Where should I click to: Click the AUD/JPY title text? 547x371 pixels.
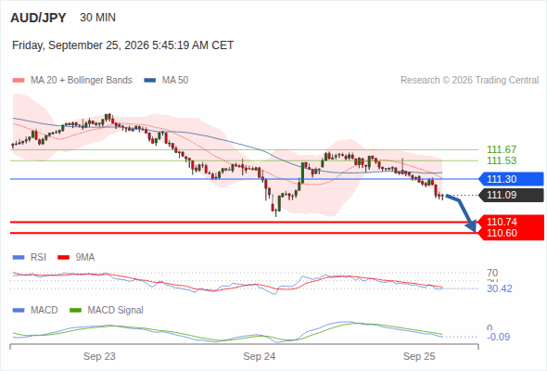tap(38, 18)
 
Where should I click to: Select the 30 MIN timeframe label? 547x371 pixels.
tap(97, 18)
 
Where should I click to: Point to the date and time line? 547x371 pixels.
tap(122, 45)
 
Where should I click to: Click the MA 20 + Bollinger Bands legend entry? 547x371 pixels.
tap(72, 81)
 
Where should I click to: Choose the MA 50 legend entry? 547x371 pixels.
tap(166, 81)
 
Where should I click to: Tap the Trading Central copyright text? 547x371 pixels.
tap(469, 81)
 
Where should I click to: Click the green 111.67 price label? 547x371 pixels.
tap(502, 149)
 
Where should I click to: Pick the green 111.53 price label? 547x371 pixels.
tap(502, 160)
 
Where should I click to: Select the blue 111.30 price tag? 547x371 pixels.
tap(511, 179)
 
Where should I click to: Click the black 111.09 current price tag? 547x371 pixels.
tap(511, 195)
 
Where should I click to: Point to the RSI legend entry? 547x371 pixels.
tap(30, 257)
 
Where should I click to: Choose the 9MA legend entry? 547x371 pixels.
tap(76, 257)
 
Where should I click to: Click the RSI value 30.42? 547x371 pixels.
tap(500, 288)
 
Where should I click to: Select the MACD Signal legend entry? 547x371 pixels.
tap(107, 310)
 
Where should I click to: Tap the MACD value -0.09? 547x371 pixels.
tap(498, 337)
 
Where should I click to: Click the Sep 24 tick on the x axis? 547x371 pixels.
tap(260, 356)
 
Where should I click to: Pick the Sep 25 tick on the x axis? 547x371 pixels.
tap(419, 356)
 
